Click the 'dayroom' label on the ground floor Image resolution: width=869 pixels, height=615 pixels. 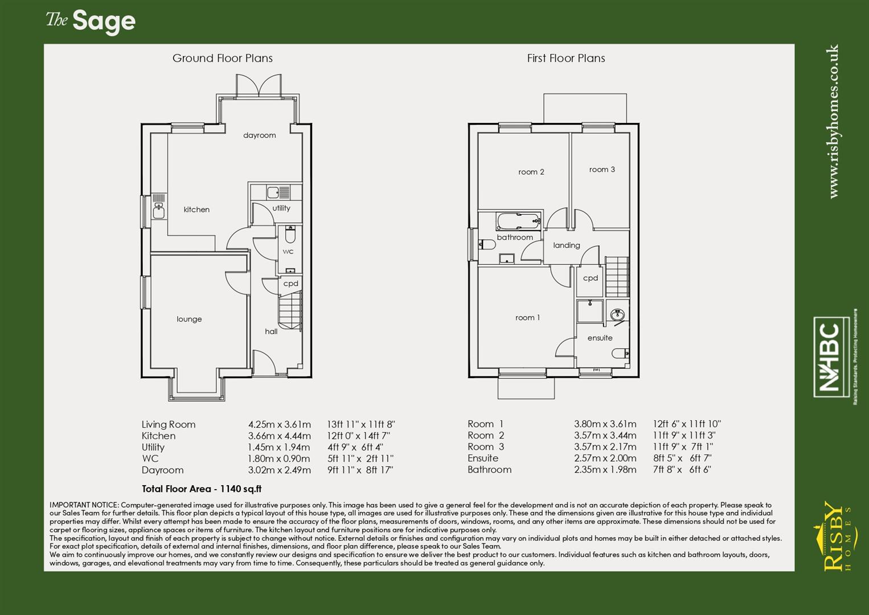coord(259,136)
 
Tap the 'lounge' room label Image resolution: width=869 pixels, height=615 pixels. coord(189,319)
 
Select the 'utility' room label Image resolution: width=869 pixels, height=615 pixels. coord(281,208)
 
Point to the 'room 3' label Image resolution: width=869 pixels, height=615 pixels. coord(602,170)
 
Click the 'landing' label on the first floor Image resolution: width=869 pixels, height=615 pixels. coord(567,245)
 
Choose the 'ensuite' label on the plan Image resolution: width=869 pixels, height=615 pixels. coord(600,338)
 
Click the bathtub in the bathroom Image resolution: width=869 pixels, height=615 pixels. coord(518,220)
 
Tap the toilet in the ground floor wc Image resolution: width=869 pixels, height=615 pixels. coord(290,234)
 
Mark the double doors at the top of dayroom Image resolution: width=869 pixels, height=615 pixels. coord(259,86)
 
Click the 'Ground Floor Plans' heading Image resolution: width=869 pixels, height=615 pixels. coord(223,58)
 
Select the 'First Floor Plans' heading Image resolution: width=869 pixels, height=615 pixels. coord(566,58)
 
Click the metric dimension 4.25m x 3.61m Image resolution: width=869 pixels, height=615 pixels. coord(280,425)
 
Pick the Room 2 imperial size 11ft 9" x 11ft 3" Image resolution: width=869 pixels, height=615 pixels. coord(684,436)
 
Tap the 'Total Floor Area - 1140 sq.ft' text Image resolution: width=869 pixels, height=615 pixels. coord(202,489)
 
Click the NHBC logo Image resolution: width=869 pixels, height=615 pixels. coord(831,356)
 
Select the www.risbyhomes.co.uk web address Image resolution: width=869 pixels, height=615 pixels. coord(834,122)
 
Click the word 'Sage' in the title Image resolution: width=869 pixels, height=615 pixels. coord(104,22)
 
